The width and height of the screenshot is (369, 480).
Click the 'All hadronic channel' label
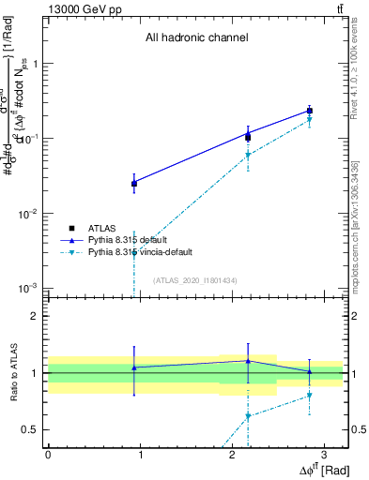[x=196, y=38]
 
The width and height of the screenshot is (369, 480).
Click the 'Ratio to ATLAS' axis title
[x=13, y=372]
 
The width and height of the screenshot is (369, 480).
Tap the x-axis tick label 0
[x=48, y=453]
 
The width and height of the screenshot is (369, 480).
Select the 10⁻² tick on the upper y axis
[x=29, y=214]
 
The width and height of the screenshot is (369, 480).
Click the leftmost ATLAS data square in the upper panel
[x=134, y=184]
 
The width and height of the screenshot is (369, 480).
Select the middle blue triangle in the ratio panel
[x=248, y=361]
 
